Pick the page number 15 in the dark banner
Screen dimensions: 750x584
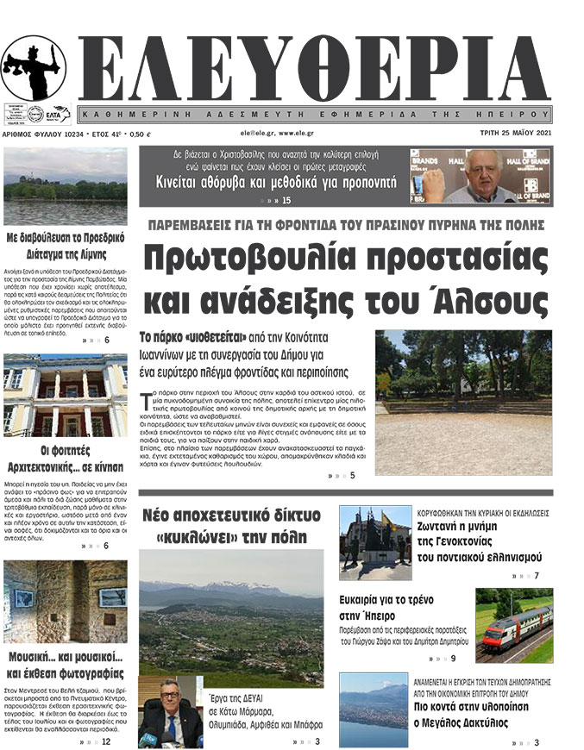[286, 201]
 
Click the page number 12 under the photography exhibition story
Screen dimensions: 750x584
[105, 741]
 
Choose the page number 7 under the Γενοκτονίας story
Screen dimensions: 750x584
[537, 576]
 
